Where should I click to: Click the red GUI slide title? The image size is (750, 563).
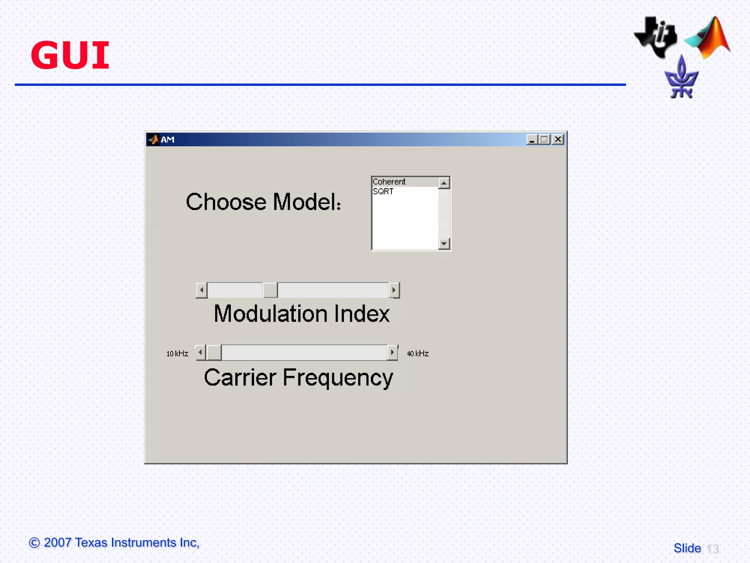pyautogui.click(x=70, y=55)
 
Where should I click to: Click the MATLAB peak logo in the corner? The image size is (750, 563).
pyautogui.click(x=709, y=38)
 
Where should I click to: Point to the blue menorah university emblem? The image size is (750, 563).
pyautogui.click(x=681, y=79)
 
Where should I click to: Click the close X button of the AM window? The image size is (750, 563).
pyautogui.click(x=558, y=139)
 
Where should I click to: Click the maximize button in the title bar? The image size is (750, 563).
pyautogui.click(x=545, y=139)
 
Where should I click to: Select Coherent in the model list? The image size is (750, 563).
pyautogui.click(x=389, y=182)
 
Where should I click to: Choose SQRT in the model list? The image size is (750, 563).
pyautogui.click(x=383, y=191)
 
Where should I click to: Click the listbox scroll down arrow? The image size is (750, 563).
pyautogui.click(x=444, y=243)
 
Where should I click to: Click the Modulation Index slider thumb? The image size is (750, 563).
pyautogui.click(x=270, y=290)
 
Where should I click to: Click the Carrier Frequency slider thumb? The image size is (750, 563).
pyautogui.click(x=214, y=353)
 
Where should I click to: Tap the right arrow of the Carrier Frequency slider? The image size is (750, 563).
pyautogui.click(x=392, y=353)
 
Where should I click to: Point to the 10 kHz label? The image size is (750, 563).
pyautogui.click(x=177, y=354)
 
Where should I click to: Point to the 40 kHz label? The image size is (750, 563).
pyautogui.click(x=418, y=354)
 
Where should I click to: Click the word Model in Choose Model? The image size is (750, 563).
pyautogui.click(x=307, y=202)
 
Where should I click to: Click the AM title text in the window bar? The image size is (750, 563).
pyautogui.click(x=167, y=140)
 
